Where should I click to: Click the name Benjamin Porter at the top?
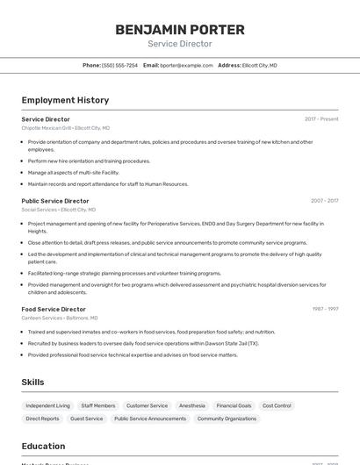[180, 29]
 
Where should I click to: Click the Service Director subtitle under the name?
[180, 44]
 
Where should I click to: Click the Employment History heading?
[65, 100]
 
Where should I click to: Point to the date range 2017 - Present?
[321, 119]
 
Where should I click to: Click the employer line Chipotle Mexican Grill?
[66, 128]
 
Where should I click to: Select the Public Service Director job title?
[55, 201]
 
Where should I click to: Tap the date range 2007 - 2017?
[324, 201]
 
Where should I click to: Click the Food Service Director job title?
[54, 309]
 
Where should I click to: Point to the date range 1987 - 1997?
[325, 309]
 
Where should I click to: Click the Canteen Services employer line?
[60, 318]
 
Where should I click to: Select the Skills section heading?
[33, 383]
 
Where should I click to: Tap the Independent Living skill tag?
[47, 406]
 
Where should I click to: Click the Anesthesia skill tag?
[192, 406]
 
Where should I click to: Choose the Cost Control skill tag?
[277, 406]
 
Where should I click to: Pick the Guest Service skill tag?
[87, 419]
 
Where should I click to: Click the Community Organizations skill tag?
[227, 419]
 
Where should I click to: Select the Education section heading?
[44, 447]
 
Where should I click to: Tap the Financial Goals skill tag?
[234, 406]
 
